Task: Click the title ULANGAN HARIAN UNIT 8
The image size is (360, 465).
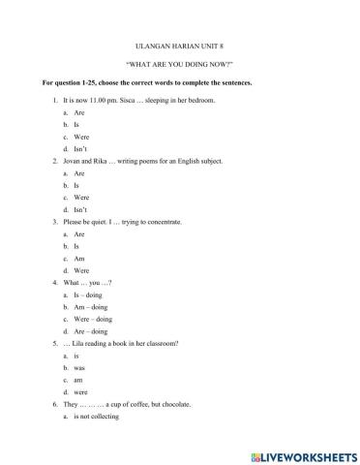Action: [180, 46]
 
